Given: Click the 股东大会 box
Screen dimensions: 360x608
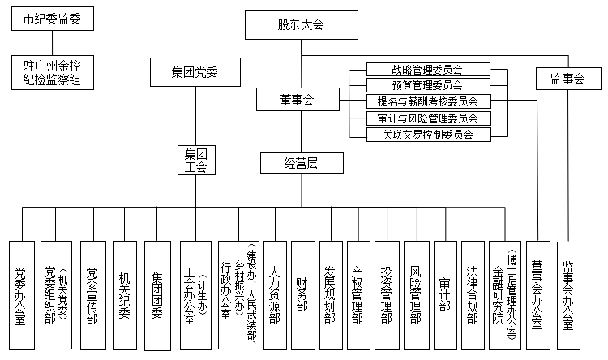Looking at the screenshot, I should (301, 25).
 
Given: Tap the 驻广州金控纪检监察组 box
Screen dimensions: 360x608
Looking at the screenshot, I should (52, 71).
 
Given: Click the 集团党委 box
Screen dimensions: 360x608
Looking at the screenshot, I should (195, 72).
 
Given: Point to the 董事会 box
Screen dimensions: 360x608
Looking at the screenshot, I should (297, 100).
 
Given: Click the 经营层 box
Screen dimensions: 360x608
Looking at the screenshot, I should (300, 163).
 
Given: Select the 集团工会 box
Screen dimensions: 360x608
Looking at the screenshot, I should (195, 161).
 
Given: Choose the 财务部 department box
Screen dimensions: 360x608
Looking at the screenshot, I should (302, 294).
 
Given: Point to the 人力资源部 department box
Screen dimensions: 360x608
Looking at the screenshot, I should (276, 294).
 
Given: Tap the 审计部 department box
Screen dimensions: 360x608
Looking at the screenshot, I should (445, 294).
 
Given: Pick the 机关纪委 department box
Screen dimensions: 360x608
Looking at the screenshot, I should (125, 294).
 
